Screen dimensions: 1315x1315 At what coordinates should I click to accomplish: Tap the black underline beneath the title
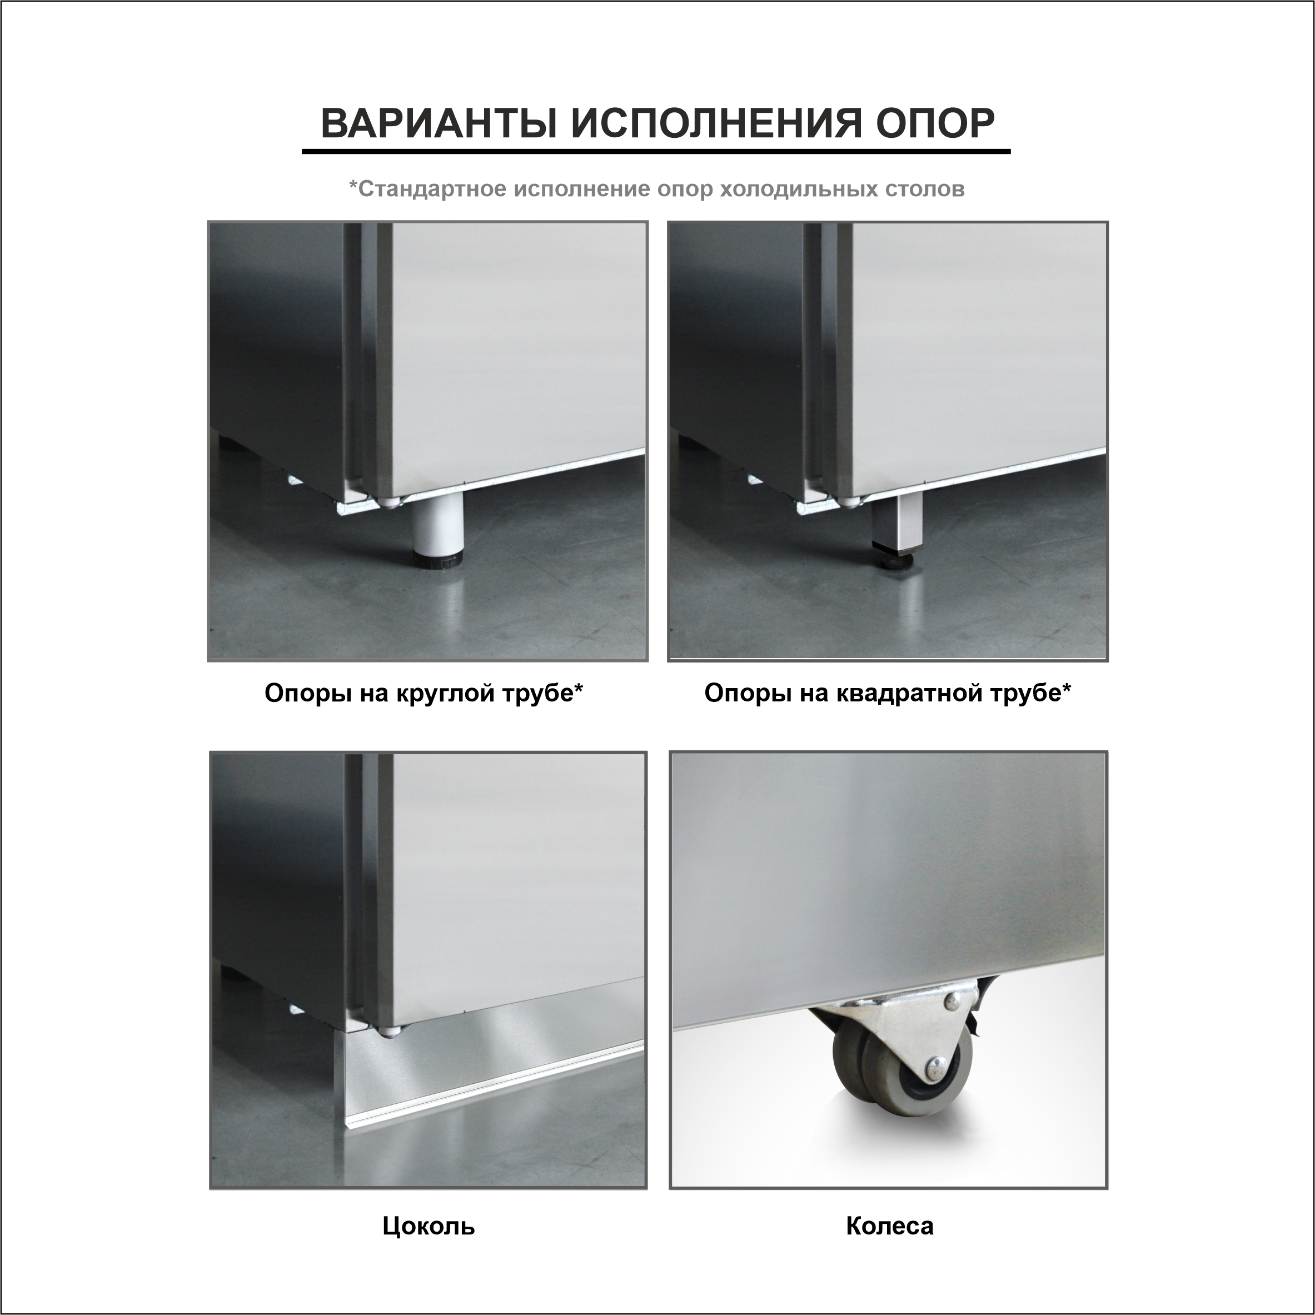coord(656,151)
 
